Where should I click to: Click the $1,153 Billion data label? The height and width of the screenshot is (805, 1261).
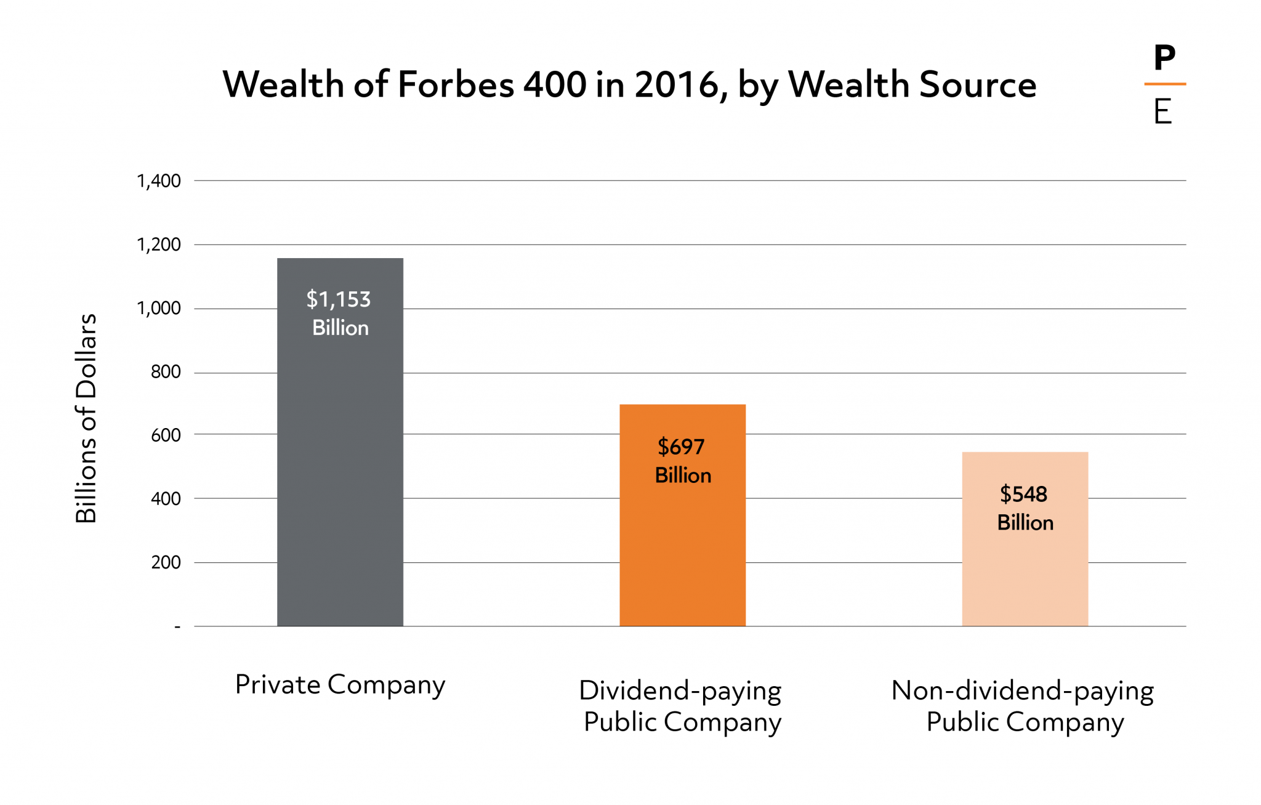click(x=339, y=313)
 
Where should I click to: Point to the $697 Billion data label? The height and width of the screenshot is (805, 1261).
click(x=682, y=461)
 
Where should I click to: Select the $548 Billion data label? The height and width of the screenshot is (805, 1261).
click(x=1025, y=508)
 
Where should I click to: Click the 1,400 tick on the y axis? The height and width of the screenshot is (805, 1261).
click(x=159, y=181)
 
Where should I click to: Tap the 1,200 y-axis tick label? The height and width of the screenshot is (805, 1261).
click(x=159, y=245)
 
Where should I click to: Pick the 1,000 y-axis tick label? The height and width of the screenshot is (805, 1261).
click(x=159, y=309)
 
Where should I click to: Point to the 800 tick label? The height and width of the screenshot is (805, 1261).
click(x=166, y=372)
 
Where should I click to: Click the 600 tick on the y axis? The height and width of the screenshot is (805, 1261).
click(x=166, y=435)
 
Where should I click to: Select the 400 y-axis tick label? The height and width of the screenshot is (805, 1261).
click(x=166, y=499)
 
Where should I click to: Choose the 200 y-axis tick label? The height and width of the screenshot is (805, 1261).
click(x=166, y=562)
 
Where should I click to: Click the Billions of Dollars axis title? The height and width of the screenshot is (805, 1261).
click(x=86, y=419)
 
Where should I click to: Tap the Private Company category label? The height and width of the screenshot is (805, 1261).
click(x=340, y=685)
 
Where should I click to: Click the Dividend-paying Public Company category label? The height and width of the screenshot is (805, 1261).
click(x=681, y=706)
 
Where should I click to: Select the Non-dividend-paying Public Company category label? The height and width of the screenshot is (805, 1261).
click(x=1023, y=706)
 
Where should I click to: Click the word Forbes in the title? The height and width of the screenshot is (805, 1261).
click(x=456, y=84)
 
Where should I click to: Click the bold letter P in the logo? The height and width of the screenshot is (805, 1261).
click(x=1164, y=59)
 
